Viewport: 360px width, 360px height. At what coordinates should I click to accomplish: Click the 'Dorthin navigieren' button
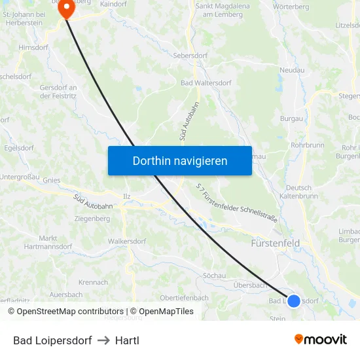click(x=180, y=160)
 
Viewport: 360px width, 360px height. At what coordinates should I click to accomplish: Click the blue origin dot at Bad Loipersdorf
click(x=294, y=301)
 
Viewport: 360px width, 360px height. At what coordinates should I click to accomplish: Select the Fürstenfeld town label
click(x=276, y=243)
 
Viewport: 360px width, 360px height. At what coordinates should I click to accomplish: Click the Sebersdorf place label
click(x=190, y=56)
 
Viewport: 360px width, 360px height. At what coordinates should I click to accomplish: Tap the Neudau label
click(x=291, y=69)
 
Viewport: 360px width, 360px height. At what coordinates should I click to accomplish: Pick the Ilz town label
click(x=127, y=196)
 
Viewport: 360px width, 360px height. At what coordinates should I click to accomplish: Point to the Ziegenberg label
click(x=92, y=219)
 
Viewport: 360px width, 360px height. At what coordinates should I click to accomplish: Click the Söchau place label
click(x=214, y=274)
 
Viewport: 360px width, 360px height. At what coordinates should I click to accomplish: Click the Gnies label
click(x=52, y=180)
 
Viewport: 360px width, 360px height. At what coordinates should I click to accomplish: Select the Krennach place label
click(x=93, y=283)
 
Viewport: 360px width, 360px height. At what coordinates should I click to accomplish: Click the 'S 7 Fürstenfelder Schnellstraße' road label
click(x=237, y=202)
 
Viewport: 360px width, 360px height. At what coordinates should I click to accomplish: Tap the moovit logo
click(x=321, y=340)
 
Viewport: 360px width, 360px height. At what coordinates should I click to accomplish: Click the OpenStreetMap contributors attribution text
click(x=70, y=312)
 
